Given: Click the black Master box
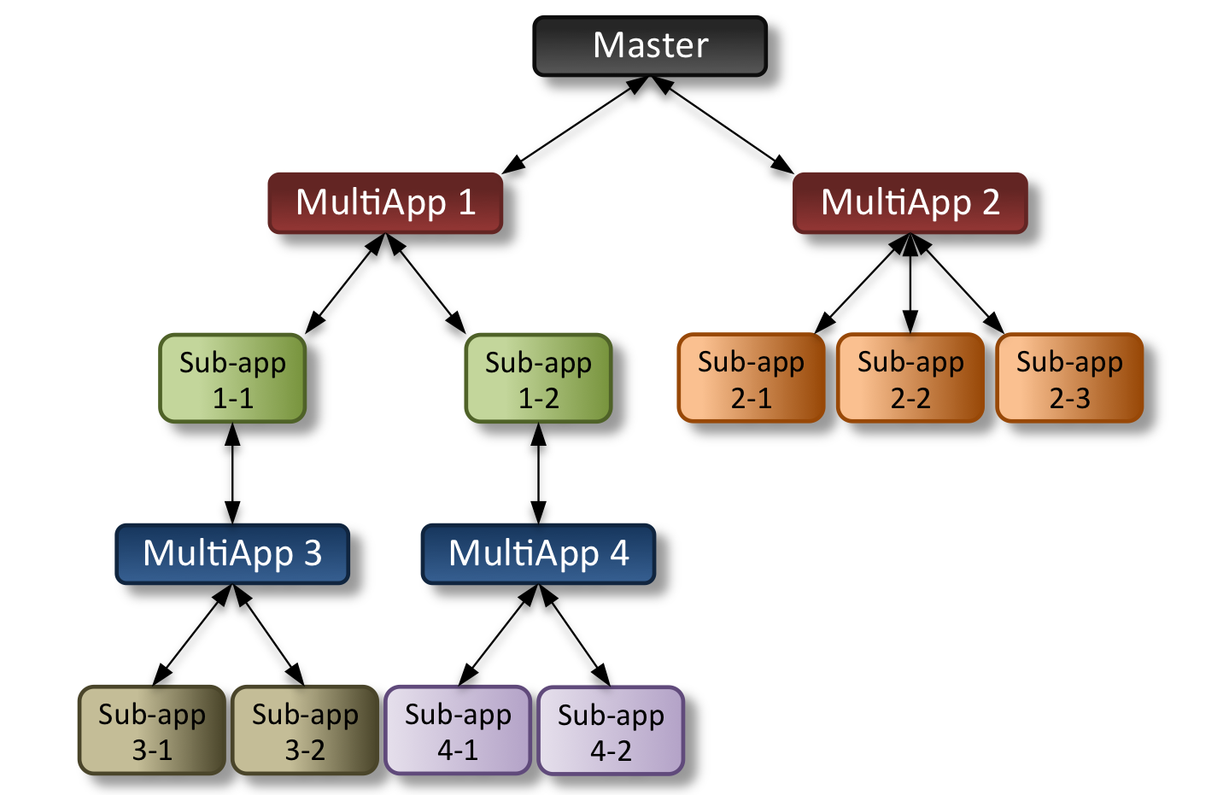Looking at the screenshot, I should point(650,46).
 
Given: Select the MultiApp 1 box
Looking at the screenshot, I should point(385,203).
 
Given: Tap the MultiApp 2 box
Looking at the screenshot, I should point(910,203).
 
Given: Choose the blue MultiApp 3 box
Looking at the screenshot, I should point(232,553).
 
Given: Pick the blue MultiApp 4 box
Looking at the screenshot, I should point(538,553).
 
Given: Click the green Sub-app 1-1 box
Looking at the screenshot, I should point(232,378).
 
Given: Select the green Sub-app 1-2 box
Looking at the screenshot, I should point(538,378).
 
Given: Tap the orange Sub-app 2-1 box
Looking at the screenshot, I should point(751,378).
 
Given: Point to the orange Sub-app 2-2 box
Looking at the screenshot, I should point(910,378).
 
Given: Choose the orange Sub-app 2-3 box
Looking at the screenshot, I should point(1069,378).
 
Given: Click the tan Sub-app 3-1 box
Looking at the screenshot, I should point(152,730).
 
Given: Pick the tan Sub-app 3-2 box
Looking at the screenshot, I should point(305,730).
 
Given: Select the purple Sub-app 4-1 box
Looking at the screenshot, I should point(458,730).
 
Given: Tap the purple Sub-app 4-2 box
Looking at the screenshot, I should point(611,731).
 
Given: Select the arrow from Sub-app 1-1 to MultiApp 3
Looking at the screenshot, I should point(232,472).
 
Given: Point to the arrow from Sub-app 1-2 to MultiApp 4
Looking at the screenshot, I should point(538,472).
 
